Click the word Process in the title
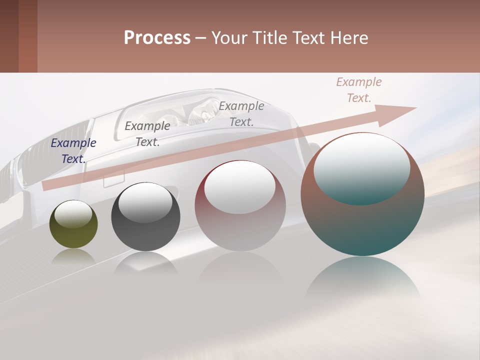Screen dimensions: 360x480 point(157,38)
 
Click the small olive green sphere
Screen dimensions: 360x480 point(73,224)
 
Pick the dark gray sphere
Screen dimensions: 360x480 point(145,217)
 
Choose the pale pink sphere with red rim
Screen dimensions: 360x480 point(240,205)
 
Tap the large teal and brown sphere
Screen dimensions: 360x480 point(362,194)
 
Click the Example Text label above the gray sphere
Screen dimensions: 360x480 point(147,134)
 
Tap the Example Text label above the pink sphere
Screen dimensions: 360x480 point(241,113)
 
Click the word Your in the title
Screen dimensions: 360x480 point(230,38)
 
